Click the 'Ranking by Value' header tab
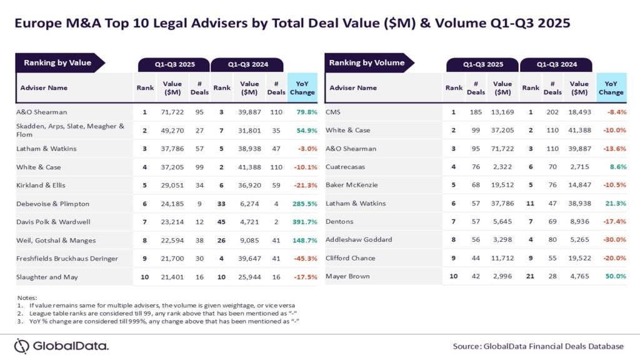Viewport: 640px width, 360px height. click(57, 62)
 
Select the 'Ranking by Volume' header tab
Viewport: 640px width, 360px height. click(367, 62)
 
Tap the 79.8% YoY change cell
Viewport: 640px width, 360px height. click(304, 112)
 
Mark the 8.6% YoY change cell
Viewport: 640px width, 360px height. click(616, 167)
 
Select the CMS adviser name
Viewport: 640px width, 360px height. click(332, 112)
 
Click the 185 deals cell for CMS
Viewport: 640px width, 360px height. click(476, 112)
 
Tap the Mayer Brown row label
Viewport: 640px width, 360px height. click(347, 276)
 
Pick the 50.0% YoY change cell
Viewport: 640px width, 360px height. click(615, 276)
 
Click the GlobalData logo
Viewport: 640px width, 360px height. click(61, 346)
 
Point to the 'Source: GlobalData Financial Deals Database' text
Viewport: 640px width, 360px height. click(538, 346)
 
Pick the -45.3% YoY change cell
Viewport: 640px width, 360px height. click(303, 257)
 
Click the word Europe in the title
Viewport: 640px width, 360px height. click(39, 24)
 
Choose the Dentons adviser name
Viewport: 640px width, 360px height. click(340, 221)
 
